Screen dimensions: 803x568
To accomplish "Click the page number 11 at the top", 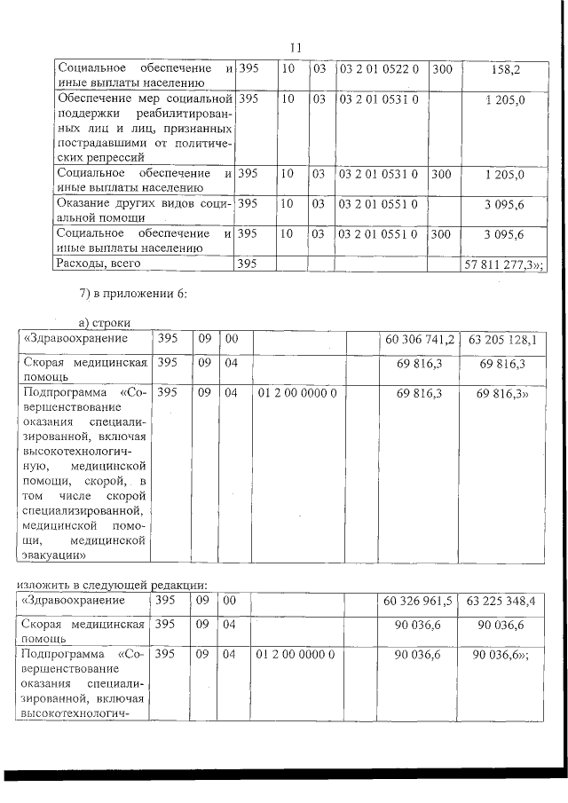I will pos(296,47).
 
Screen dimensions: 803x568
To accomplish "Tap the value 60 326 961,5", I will pos(419,601).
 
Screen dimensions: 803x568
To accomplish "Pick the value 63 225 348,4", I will pos(506,601).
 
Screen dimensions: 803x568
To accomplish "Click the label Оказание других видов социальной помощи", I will pos(142,209).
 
